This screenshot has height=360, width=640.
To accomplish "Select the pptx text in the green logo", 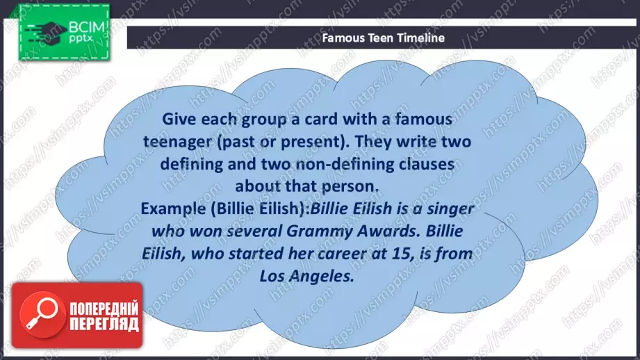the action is (x=81, y=39).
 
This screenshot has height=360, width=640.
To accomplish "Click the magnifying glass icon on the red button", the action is (x=42, y=314).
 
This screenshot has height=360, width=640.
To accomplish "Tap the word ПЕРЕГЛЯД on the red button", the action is (x=104, y=324).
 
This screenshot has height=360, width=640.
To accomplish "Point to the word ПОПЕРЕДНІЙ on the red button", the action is (x=104, y=308).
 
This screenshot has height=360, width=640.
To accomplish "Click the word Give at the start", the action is (x=179, y=119).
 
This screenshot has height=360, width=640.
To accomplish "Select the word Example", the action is (x=173, y=208).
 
